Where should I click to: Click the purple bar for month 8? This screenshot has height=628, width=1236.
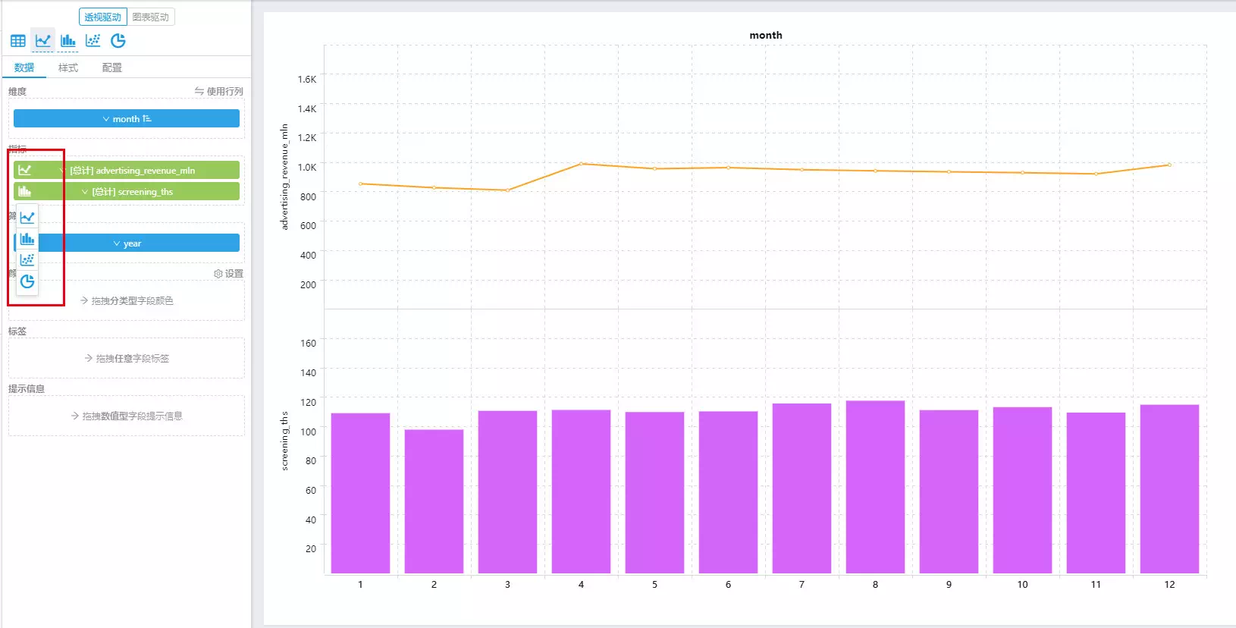(875, 486)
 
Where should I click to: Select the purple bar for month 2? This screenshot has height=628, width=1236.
(434, 501)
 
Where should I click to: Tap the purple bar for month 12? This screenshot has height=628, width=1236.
(1169, 488)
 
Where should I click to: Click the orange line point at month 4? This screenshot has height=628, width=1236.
(582, 164)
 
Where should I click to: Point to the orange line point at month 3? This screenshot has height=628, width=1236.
(508, 190)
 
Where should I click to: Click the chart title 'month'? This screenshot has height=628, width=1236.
(765, 35)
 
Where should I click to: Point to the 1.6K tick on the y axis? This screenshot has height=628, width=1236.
(307, 79)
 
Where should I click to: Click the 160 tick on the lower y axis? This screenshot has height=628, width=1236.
(308, 343)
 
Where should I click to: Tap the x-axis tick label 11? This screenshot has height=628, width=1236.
(1096, 584)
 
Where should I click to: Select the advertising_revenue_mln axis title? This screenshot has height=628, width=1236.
(284, 177)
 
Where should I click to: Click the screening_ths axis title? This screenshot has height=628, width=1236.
(284, 441)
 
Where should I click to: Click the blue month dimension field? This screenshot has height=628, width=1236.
(127, 118)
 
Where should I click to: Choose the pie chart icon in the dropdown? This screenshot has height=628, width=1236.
(27, 281)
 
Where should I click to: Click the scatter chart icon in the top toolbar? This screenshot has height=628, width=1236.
(93, 40)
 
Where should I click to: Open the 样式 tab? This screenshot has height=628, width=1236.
(68, 68)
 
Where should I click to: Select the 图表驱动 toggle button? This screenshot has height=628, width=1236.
(150, 17)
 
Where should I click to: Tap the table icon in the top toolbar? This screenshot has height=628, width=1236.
(18, 40)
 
